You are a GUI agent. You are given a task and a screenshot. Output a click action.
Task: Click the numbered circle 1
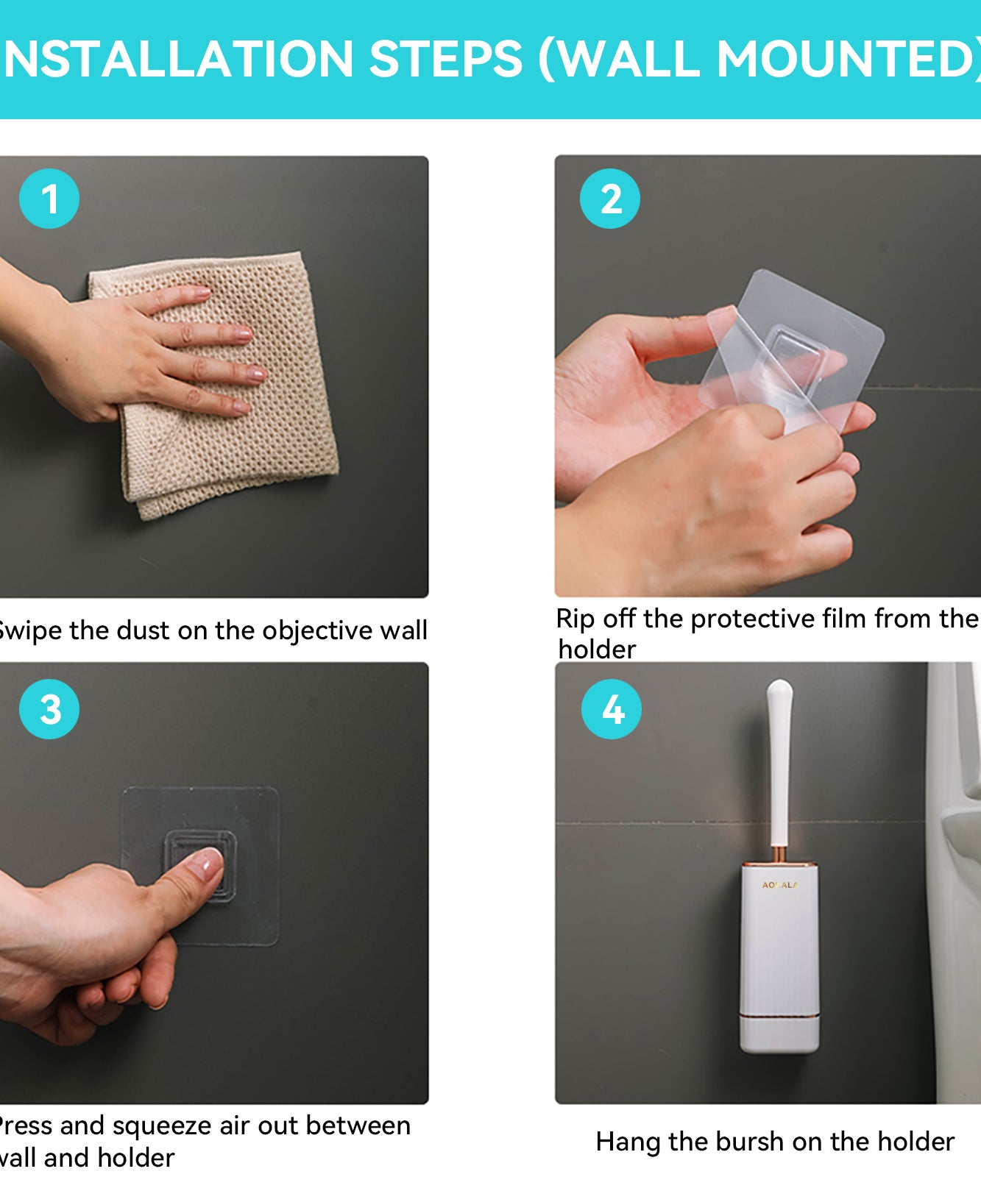(x=49, y=199)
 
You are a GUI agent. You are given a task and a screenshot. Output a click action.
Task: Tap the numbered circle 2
(x=610, y=199)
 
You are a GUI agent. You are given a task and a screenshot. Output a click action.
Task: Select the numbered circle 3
(x=49, y=709)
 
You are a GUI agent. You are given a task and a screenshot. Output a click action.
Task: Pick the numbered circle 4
(x=612, y=709)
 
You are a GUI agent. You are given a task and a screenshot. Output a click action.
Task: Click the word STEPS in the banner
(x=445, y=59)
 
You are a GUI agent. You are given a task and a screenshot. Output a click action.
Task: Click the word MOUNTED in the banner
(x=846, y=59)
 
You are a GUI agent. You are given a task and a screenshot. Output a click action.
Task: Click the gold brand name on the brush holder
(x=779, y=885)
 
